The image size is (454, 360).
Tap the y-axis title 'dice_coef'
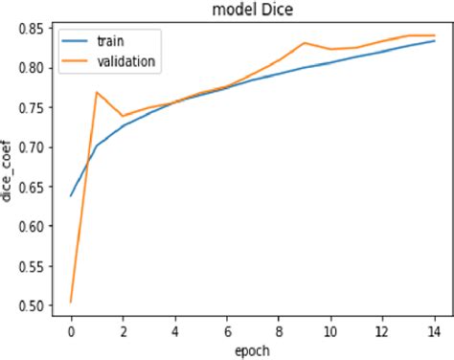10,170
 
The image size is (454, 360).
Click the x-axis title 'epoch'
252,349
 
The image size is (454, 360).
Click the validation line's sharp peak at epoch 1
98,93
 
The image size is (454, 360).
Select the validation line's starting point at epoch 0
72,302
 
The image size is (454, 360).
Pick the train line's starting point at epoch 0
72,196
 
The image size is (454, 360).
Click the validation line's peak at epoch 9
305,43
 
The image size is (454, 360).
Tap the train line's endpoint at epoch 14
435,41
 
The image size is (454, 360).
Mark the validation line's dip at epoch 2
124,116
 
